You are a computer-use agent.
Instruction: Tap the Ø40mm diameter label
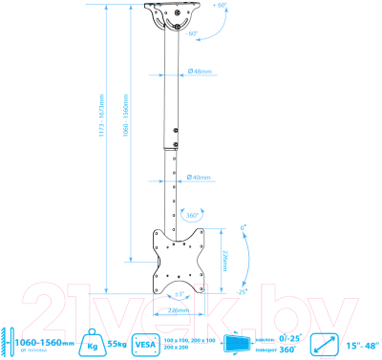(201, 175)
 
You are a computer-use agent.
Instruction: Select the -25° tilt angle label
(244, 291)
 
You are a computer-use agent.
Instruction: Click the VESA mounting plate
(178, 256)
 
